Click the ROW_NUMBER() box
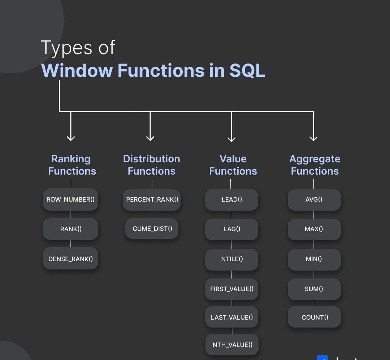click(x=70, y=199)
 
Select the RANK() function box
click(x=70, y=229)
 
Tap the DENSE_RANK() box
click(x=70, y=258)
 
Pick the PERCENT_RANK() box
click(x=152, y=199)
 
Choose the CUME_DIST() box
click(x=152, y=228)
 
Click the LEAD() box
click(x=231, y=199)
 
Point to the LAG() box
click(x=231, y=229)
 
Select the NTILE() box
click(x=231, y=259)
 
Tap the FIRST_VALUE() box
click(x=231, y=289)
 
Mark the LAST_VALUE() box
click(x=231, y=317)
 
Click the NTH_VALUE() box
click(x=232, y=344)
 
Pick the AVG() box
click(x=314, y=199)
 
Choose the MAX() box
click(x=314, y=229)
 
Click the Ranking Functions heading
click(x=72, y=165)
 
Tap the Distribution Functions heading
click(x=152, y=165)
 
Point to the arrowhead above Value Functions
click(x=231, y=139)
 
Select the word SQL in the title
click(x=247, y=70)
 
